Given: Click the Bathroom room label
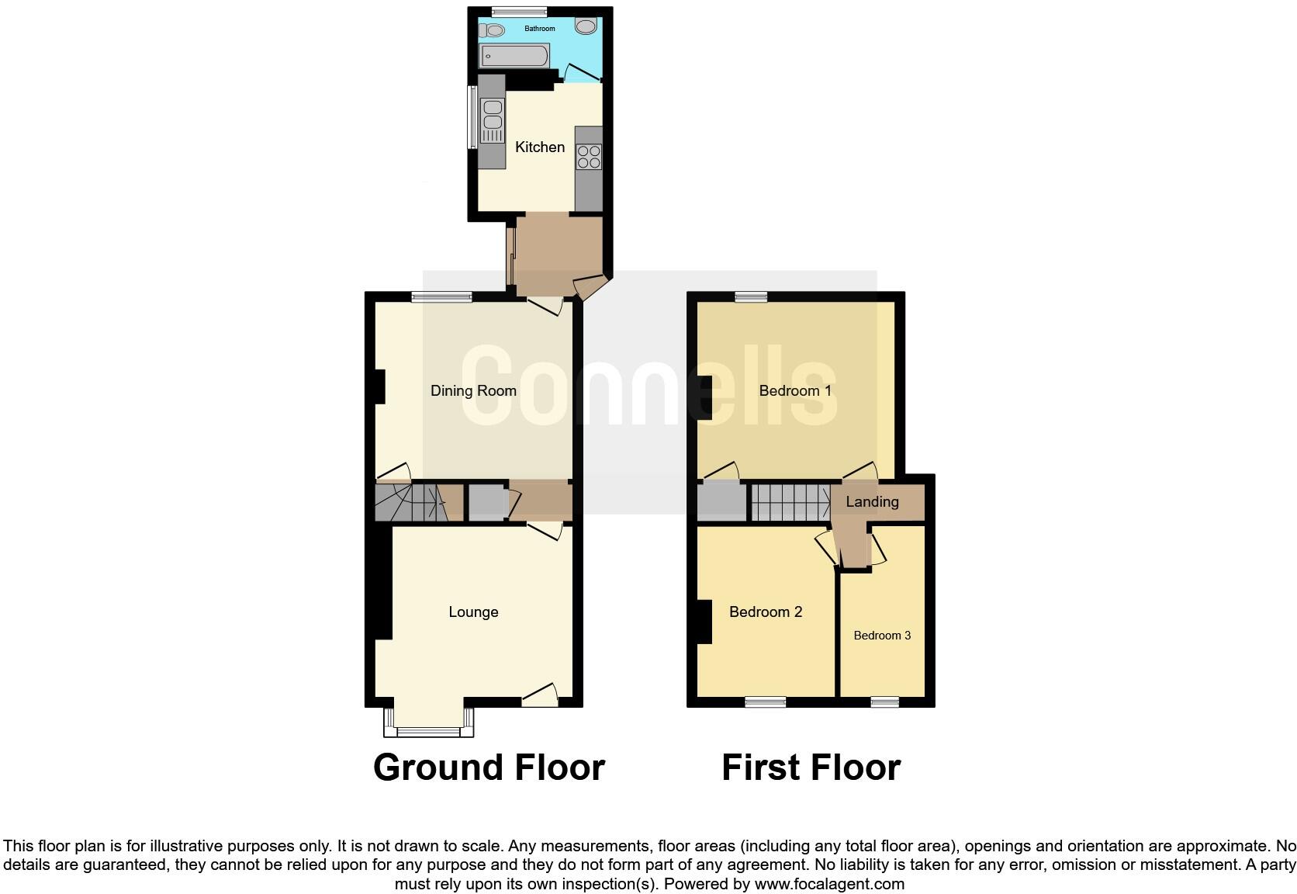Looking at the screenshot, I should [539, 29].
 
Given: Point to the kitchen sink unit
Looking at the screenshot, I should [492, 120].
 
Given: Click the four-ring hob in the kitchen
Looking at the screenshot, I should [589, 157].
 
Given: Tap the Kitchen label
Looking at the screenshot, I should [540, 147].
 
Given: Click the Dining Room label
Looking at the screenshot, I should [473, 390].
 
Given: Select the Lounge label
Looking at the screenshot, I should [473, 612].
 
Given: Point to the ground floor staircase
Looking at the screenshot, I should [411, 503].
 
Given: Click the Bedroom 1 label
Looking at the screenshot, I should [795, 390].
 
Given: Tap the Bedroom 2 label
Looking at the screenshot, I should [765, 612].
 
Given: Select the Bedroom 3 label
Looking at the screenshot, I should [882, 636].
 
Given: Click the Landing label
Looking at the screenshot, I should [872, 501].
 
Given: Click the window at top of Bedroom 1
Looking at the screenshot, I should [751, 296].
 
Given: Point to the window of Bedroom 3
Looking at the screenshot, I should [884, 702].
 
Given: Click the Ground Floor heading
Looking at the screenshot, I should [489, 768].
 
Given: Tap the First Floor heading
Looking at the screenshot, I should [811, 768].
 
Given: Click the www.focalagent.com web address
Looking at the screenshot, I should [829, 883].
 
